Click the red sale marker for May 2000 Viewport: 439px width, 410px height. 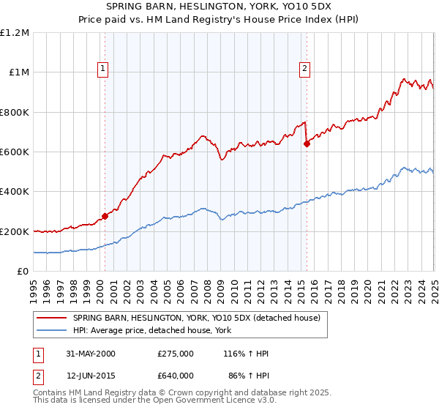pos(105,216)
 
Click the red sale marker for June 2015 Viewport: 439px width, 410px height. pos(307,144)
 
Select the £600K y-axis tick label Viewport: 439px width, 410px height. pos(15,152)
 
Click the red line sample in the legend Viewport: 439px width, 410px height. pos(53,318)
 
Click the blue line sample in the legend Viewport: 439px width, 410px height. pos(53,331)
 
